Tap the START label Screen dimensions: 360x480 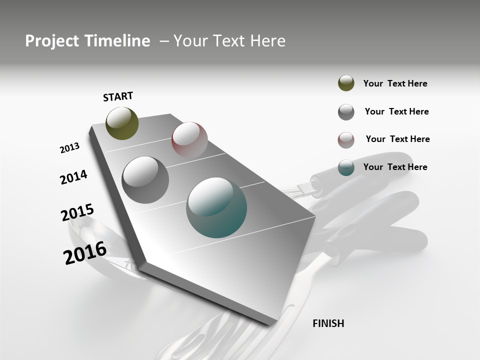click(118, 96)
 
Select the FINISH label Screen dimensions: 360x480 click(328, 323)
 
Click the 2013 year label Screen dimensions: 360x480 click(69, 148)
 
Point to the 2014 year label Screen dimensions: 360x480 click(73, 177)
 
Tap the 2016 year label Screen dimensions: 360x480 click(85, 252)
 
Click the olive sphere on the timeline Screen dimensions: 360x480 click(122, 123)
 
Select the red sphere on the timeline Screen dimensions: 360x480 click(189, 139)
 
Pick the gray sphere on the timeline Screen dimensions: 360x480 click(145, 180)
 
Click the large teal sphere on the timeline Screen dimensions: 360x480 click(216, 207)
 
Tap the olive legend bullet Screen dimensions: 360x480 click(346, 83)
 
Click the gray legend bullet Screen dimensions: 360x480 click(346, 112)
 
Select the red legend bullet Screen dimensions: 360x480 click(346, 140)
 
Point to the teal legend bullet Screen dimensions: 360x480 click(346, 167)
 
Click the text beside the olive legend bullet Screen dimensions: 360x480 click(395, 83)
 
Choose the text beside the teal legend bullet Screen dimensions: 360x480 click(395, 167)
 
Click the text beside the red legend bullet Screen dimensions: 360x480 click(397, 139)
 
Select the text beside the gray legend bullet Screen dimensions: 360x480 click(396, 111)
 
